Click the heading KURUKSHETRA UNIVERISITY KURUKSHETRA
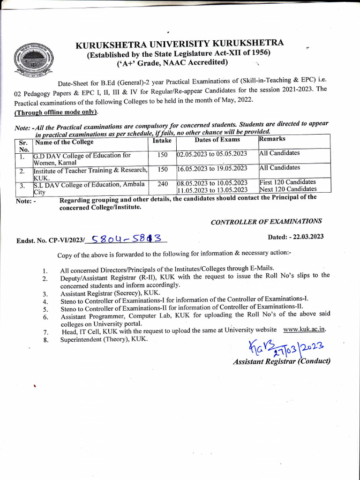[180, 45]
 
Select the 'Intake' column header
[162, 141]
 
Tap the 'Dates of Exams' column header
[217, 139]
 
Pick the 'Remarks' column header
[272, 139]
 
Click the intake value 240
[163, 184]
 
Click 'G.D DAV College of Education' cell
[82, 158]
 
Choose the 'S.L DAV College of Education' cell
[89, 187]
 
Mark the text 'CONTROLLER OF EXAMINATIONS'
[266, 221]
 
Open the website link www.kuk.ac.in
[305, 329]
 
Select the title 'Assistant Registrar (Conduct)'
[281, 361]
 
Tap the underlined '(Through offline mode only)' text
[56, 112]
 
